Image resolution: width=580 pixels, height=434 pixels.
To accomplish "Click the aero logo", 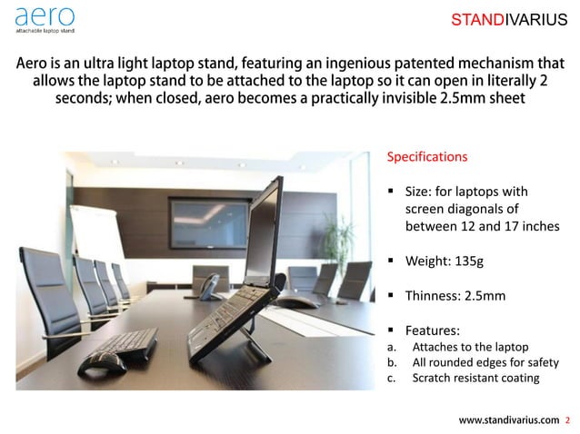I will tap(45, 18).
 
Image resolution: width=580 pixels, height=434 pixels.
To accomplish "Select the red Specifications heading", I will tap(427, 156).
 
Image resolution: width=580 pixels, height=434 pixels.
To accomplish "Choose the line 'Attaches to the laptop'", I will tap(469, 347).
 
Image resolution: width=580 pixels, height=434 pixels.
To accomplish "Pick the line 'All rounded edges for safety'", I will tap(485, 362).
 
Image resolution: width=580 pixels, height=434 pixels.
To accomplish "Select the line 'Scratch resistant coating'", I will tap(475, 378).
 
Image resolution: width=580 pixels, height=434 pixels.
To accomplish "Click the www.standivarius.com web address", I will tap(508, 419).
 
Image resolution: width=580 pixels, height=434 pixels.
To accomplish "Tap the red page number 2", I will tap(568, 419).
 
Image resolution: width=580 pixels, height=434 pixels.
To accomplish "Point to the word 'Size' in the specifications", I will tap(419, 192).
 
